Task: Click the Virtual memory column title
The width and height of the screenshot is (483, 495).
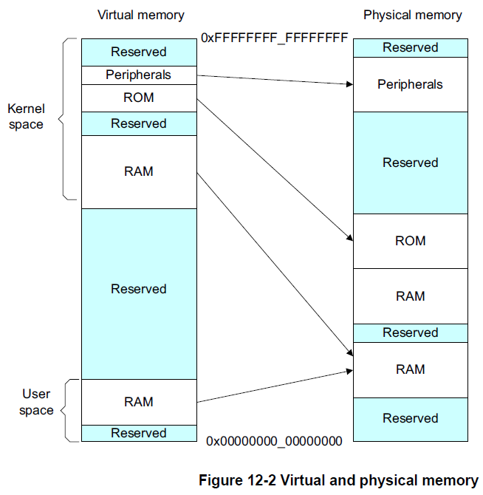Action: pos(140,15)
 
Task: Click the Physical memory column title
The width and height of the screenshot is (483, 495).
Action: pos(412,15)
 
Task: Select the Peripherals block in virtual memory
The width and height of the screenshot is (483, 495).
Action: pos(139,75)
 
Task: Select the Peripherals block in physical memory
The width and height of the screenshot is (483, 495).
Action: pos(411,84)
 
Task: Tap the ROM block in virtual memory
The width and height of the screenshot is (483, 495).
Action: pos(139,98)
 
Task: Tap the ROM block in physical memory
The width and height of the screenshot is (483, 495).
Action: pos(411,241)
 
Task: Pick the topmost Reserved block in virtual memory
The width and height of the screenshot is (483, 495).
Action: pos(139,52)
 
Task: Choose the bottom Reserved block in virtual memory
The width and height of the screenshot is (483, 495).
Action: pos(139,433)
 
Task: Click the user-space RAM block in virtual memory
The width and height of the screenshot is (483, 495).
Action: pos(139,402)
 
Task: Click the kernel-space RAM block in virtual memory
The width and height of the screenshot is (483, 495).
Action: pos(139,171)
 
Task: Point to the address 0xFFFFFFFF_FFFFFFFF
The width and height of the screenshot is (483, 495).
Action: pos(274,37)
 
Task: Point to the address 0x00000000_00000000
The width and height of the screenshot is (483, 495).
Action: pos(274,442)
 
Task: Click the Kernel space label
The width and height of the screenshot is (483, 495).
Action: pos(26,117)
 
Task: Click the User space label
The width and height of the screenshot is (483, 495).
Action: pos(36,403)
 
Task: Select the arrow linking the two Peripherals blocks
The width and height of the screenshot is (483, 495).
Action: pos(273,79)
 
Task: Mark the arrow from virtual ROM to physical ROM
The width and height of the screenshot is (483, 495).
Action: pos(273,169)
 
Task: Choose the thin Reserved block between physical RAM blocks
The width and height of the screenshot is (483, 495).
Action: pos(411,333)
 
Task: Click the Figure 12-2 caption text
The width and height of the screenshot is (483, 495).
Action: pos(338,480)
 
